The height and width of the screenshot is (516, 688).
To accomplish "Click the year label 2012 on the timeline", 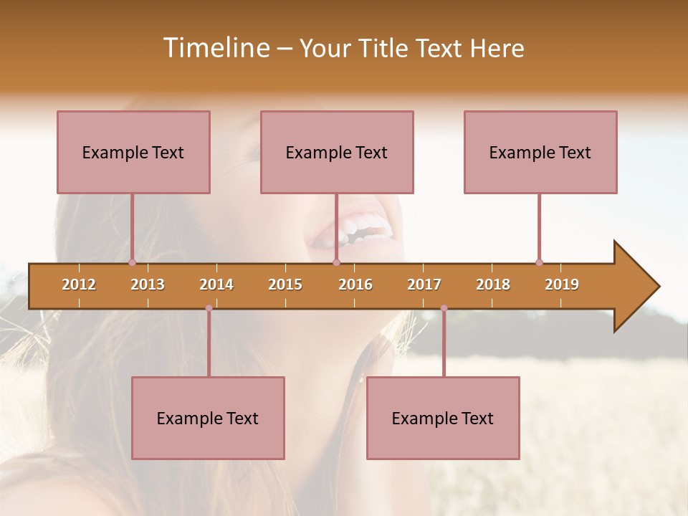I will pos(79,285).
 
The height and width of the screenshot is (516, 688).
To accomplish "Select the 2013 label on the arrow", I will pos(148,285).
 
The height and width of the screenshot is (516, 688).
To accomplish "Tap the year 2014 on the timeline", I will pos(216,285).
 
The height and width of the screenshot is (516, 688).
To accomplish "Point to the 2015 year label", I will pos(285,285).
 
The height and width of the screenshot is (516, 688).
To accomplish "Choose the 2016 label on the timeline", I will pos(355,285).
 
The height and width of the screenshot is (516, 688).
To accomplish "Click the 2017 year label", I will pos(424,285).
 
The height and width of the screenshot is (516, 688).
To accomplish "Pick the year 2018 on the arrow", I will pos(493,285).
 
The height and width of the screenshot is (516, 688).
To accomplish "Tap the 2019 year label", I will pos(562,285).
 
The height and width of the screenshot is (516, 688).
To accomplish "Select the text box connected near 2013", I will pos(133,152).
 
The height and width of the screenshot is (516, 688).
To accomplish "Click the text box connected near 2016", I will pos(337,152).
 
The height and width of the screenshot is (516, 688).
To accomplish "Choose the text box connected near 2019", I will pos(540,152).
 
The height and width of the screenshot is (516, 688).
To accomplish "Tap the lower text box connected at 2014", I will pos(208,418).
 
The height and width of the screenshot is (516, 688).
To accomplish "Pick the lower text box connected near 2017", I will pos(443,418).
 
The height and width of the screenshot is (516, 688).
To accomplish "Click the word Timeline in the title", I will pos(215,48).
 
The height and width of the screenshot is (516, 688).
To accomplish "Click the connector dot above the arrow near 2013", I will pos(132,262).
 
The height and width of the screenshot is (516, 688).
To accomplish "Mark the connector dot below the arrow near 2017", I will pos(444,308).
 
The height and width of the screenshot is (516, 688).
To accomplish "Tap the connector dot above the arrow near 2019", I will pos(539,262).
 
